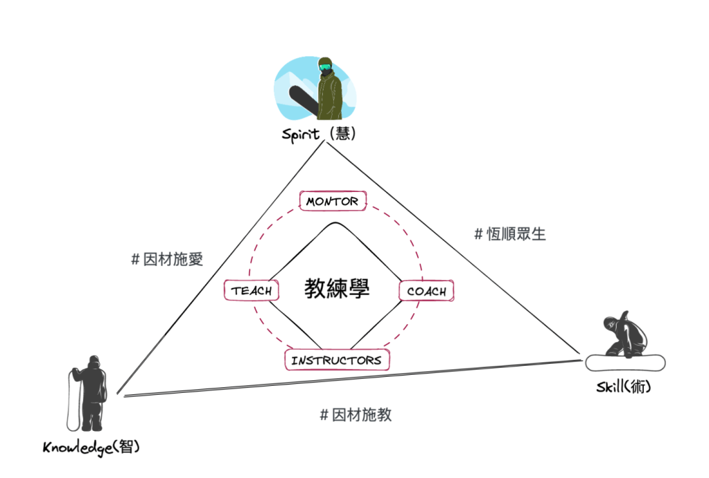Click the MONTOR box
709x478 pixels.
333,201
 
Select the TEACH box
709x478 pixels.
251,290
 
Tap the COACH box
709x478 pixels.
426,291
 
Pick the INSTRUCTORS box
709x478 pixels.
337,360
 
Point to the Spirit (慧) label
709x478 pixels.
319,134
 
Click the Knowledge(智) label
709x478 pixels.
91,448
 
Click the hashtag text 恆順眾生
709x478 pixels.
510,233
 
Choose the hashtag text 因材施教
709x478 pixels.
356,414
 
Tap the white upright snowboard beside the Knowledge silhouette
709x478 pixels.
71,400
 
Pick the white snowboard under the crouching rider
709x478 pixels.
625,362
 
